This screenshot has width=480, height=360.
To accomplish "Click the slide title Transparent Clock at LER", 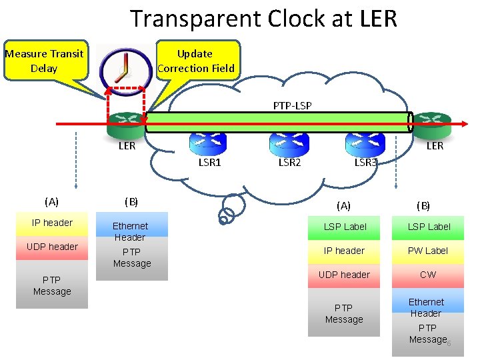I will coord(263,18).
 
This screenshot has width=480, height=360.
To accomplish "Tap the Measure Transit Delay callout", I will coord(44,61).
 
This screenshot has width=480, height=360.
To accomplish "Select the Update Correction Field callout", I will coord(195,61).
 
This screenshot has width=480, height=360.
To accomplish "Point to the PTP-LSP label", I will coord(292,105).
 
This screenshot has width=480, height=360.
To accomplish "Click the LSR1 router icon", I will coord(208,141).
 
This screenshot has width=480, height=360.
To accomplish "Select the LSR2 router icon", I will coord(288,141).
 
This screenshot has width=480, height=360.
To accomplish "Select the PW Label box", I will coord(428,251).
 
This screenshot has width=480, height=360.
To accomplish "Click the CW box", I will coord(428,275).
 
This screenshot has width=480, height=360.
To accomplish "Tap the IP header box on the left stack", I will coord(52,223).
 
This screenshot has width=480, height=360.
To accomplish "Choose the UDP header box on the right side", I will coord(345,275).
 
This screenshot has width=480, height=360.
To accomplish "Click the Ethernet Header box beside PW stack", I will coord(427,307).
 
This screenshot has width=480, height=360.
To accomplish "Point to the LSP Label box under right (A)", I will coord(345,227).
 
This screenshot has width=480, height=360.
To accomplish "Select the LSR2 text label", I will coord(289,162).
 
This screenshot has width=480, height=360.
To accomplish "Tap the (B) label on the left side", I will coord(131,201).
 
